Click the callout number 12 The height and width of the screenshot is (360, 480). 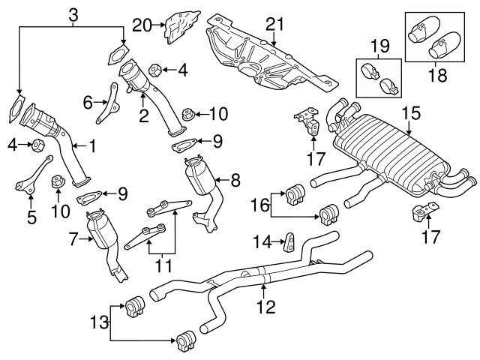(x=265, y=306)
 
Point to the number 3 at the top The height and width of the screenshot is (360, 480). (x=72, y=13)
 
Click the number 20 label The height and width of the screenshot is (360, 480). (x=142, y=25)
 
